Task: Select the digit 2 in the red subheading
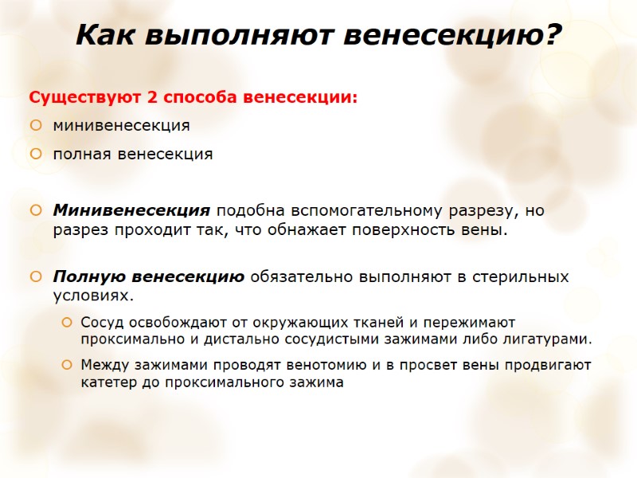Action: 150,98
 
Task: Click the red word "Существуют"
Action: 84,98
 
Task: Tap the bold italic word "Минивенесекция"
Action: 131,211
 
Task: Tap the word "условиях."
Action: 91,296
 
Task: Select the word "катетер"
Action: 107,382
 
